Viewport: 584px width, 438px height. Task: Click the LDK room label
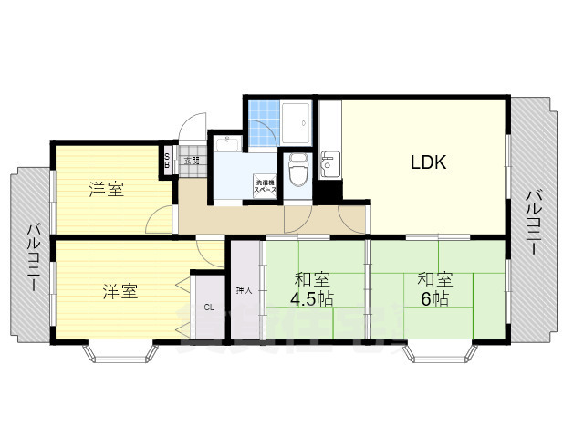[427, 164]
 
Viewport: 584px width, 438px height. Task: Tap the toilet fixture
[297, 170]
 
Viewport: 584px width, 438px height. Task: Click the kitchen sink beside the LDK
[329, 166]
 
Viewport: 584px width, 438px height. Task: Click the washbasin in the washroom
[226, 143]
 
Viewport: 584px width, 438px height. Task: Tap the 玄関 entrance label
[192, 161]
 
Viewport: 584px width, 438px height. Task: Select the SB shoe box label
[167, 161]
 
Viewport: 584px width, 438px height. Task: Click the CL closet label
[209, 307]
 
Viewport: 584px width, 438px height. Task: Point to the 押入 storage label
[244, 290]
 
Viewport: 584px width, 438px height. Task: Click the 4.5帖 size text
[312, 299]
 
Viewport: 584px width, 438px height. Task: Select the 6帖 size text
[433, 299]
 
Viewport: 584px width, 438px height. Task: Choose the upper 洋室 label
[107, 190]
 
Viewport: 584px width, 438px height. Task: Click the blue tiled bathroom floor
[264, 123]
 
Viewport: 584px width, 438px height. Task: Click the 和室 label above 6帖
[435, 279]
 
